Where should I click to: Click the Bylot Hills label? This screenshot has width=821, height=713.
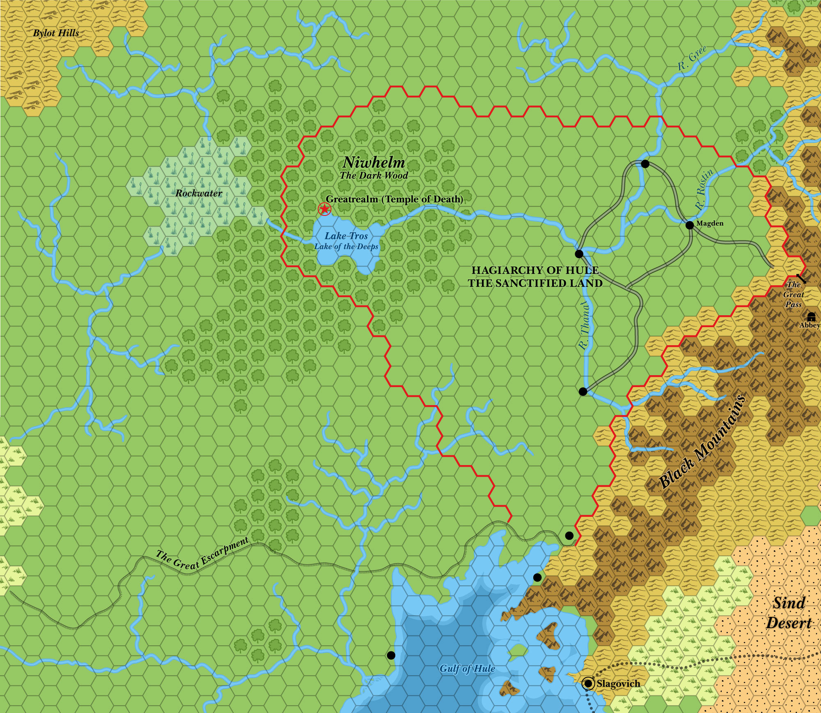pos(56,33)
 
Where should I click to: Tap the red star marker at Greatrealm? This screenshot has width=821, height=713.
pos(325,209)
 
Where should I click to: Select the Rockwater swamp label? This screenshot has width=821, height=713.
pos(199,193)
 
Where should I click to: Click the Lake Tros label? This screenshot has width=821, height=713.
pos(346,236)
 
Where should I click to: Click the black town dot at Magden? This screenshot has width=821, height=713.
pos(690,225)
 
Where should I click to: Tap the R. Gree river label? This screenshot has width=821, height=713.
pos(692,58)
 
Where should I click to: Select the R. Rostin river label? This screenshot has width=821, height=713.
pos(705,189)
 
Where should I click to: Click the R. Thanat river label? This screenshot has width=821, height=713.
pos(585,324)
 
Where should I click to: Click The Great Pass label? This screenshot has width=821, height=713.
pos(793,294)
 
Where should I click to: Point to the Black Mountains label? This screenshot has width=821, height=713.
pos(702,442)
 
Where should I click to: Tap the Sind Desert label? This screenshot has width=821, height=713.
pos(789,613)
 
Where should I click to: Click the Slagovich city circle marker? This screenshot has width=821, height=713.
pos(589,683)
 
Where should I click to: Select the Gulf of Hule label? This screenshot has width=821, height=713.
pos(467,669)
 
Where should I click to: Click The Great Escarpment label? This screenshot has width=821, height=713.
pos(202,554)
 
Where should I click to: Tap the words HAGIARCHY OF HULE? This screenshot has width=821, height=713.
pos(535,270)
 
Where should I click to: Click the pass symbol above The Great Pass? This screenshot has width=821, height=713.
pos(801,279)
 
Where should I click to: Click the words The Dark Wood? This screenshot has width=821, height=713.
pos(374,175)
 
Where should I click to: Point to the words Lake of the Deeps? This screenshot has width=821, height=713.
pos(346,246)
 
